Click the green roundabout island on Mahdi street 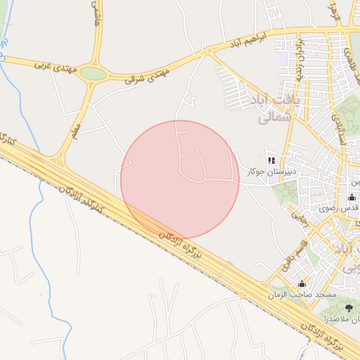(x=93, y=73)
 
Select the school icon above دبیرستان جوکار (x=271, y=160)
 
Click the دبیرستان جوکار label (x=271, y=171)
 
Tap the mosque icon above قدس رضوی (x=352, y=198)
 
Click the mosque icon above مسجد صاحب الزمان (x=302, y=283)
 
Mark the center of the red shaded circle (x=180, y=180)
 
